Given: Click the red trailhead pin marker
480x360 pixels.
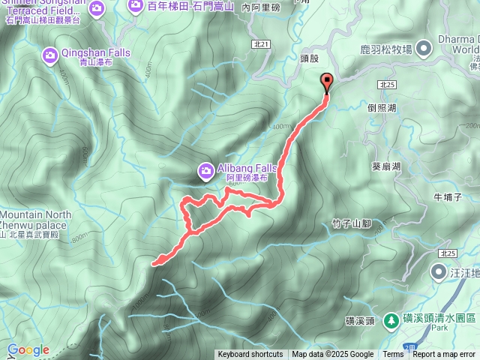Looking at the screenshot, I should tap(326, 83).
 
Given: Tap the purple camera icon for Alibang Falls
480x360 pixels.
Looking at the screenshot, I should tap(205, 172).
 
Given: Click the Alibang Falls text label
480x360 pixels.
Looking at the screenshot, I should tap(247, 168).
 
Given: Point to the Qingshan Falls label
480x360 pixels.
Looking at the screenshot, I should tap(96, 52).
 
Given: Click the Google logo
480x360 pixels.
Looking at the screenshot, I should tap(28, 349).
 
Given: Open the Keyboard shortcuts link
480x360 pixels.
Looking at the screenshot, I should tap(250, 355).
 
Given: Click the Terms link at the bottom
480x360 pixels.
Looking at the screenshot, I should tap(393, 355).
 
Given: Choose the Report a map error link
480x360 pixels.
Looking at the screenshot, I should tap(445, 355).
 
